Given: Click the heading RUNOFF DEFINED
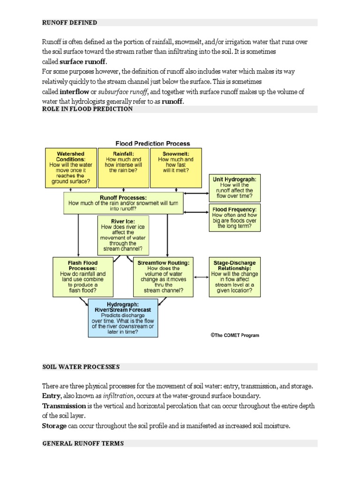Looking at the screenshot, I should coord(70,22).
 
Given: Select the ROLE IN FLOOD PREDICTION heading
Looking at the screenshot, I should coord(87,109).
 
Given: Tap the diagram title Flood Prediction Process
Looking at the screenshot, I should coord(153,143).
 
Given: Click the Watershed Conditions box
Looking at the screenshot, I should coord(70,168).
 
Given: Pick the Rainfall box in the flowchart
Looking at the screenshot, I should coord(123,168).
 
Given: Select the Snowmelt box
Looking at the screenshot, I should coord(176,168).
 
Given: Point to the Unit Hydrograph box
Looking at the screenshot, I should coord(234,187).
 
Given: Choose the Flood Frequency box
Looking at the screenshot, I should coord(234,217).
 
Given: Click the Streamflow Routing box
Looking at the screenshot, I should coord(164,277).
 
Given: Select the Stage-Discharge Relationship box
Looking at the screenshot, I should coord(234,277).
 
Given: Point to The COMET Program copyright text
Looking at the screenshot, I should coord(234,336).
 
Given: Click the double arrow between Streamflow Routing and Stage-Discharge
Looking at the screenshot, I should coord(201,277).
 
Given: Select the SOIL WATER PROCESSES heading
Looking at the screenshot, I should coord(81,367).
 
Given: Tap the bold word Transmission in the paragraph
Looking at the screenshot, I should coord(64,406).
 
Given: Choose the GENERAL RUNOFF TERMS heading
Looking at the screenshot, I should coord(83,443).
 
